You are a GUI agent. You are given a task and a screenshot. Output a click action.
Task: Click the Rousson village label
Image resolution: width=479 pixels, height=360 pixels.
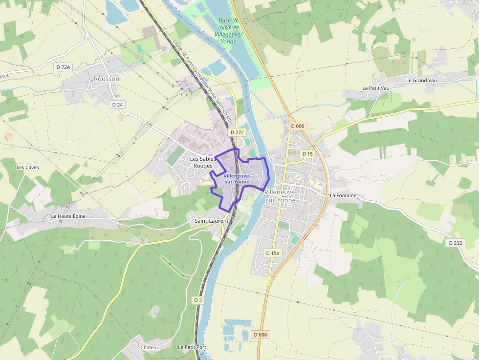106,79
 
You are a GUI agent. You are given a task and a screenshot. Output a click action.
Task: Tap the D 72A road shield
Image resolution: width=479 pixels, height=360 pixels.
63,66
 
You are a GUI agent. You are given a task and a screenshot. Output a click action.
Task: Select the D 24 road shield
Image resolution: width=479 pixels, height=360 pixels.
117,105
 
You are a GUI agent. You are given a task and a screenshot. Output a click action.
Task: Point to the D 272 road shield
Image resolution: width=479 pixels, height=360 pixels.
237,132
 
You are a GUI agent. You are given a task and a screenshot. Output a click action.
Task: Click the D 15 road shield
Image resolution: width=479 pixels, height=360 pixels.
307,154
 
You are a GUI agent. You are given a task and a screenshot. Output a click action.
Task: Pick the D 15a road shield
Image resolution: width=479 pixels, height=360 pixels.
273,253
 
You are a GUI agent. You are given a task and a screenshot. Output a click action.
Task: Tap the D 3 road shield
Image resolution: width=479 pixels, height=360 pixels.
197,300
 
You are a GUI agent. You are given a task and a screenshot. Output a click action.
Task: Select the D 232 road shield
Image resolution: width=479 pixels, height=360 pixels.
455,243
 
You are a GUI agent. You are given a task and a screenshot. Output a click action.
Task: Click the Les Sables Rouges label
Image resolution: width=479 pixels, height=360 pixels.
203,162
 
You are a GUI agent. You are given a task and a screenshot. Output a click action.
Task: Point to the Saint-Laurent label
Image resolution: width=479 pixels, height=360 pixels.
212,221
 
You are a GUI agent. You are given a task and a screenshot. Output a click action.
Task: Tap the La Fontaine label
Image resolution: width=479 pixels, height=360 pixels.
343,195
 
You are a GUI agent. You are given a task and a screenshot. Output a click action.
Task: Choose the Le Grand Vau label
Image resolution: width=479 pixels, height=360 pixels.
421,80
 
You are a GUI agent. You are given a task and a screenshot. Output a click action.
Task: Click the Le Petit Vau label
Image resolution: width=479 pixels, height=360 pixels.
376,88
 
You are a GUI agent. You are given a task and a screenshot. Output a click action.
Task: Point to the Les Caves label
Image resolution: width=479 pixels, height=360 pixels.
27,167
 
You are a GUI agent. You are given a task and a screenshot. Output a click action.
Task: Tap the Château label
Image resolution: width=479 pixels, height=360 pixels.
150,347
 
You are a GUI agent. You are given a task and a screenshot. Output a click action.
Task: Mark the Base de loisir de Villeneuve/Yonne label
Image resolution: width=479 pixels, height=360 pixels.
228,31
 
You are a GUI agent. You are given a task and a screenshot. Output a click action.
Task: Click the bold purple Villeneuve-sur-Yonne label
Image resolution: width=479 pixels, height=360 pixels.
237,179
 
